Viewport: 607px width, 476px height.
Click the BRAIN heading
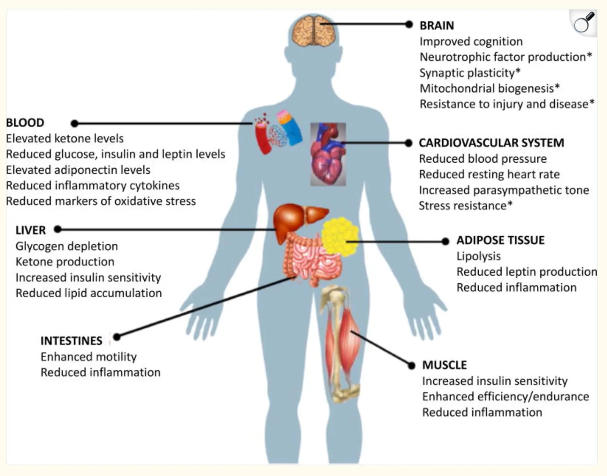pos(437,25)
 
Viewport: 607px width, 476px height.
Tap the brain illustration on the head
pos(314,31)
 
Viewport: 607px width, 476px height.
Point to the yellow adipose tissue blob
pos(340,237)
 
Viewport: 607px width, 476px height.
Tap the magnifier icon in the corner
pos(583,23)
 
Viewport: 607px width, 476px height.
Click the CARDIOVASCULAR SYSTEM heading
pos(491,143)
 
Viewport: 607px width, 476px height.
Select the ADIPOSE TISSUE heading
pos(500,240)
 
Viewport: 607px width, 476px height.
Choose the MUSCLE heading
pos(445,365)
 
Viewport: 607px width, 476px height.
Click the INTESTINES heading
pos(71,341)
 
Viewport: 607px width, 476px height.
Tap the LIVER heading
pos(30,230)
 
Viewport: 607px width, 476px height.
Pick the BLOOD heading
pos(25,123)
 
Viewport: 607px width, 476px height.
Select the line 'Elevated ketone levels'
pos(65,138)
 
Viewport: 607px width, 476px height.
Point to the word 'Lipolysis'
pos(479,256)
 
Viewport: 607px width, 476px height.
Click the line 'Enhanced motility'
pos(88,357)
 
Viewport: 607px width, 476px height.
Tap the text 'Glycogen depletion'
pos(67,246)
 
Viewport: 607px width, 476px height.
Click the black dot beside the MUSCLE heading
pos(411,365)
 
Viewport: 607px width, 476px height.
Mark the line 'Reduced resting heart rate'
pos(489,174)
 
